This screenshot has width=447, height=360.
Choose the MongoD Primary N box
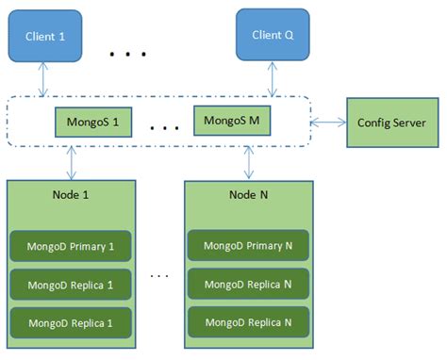pyautogui.click(x=248, y=246)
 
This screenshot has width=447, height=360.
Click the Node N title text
pyautogui.click(x=248, y=193)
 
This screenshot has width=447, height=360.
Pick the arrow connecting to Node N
pyautogui.click(x=249, y=161)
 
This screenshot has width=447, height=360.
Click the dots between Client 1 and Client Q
pyautogui.click(x=124, y=55)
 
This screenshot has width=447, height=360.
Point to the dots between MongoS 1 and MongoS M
pyautogui.click(x=164, y=126)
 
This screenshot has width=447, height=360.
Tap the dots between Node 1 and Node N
pyautogui.click(x=159, y=275)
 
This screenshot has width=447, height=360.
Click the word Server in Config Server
pyautogui.click(x=411, y=123)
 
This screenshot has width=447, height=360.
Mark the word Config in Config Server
pyautogui.click(x=374, y=123)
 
